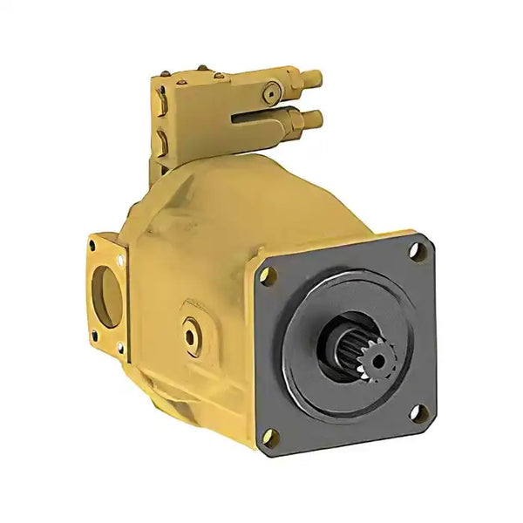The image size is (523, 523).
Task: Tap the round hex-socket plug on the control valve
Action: click(x=273, y=89)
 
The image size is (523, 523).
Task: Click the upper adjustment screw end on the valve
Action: click(x=315, y=79)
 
